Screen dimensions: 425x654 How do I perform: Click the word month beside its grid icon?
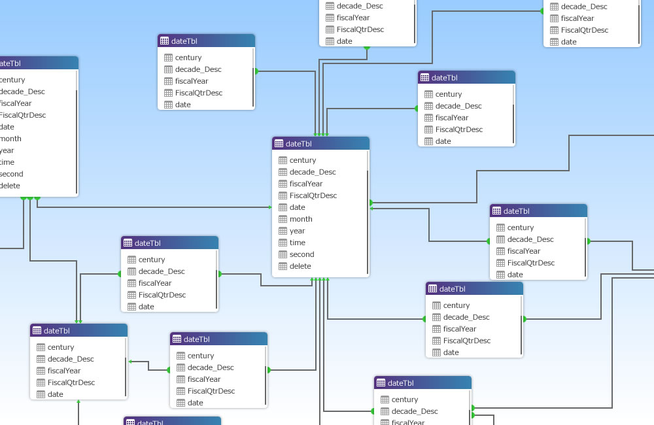click(301, 219)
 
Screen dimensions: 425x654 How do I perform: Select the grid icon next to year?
click(283, 231)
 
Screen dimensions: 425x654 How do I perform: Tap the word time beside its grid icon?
click(298, 243)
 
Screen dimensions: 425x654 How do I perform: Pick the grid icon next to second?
click(283, 254)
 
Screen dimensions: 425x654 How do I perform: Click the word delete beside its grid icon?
click(300, 266)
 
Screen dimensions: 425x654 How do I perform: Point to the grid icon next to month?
click(283, 219)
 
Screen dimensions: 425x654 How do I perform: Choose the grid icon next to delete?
click(283, 266)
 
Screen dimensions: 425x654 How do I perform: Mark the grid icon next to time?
click(283, 243)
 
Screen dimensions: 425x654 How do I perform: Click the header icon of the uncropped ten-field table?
click(279, 144)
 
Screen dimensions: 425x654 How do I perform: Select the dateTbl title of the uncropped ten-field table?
click(299, 144)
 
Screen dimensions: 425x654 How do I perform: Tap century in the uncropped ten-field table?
click(303, 160)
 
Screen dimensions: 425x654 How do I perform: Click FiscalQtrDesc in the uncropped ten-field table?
click(313, 195)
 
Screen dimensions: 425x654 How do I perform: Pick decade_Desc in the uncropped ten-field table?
click(313, 172)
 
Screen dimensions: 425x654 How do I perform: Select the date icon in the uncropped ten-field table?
click(283, 207)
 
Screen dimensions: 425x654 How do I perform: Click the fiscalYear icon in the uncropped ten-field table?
click(283, 184)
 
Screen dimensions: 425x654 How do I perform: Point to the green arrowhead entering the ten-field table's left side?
click(269, 207)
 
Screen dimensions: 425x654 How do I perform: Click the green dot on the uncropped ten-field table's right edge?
click(371, 203)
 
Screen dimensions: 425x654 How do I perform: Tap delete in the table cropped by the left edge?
click(10, 186)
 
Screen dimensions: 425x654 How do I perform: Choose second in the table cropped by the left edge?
click(11, 174)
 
